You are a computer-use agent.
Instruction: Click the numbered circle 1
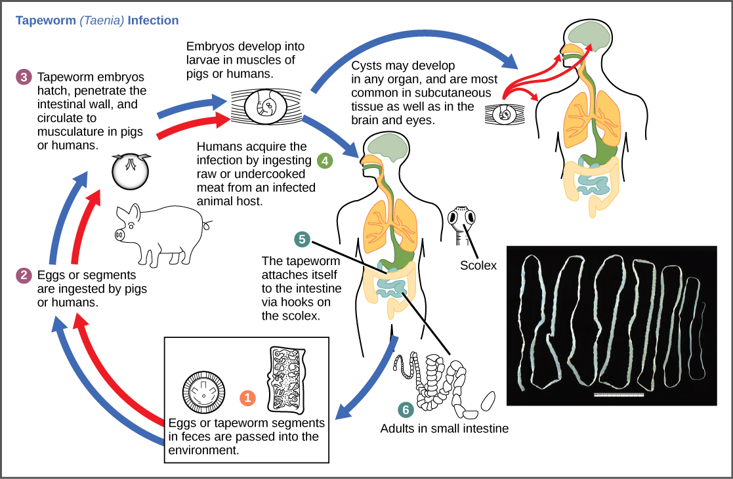[247, 398]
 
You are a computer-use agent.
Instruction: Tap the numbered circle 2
[24, 275]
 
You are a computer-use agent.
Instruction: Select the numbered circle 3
[24, 77]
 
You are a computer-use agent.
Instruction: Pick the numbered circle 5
[302, 239]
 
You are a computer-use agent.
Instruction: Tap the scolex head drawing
[462, 220]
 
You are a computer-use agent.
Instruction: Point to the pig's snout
[120, 234]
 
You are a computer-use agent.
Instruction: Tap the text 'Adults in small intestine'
[444, 429]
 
